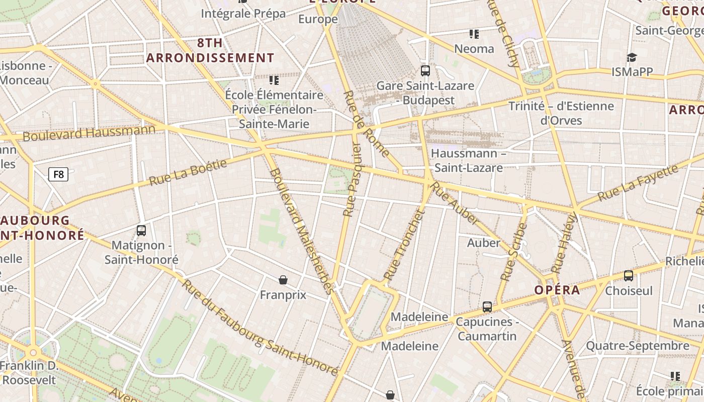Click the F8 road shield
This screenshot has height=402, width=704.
(x=58, y=174)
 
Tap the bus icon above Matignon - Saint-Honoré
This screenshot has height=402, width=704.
(x=141, y=231)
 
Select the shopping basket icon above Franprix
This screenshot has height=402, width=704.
(x=283, y=280)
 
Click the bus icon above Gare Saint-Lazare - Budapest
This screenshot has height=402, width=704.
(x=425, y=71)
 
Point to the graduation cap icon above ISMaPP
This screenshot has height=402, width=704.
(x=632, y=57)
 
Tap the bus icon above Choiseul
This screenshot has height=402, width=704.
(x=629, y=275)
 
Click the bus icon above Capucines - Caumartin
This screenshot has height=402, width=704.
(x=487, y=307)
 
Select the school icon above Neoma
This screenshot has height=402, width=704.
(x=474, y=34)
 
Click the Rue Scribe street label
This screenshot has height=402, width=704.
(x=514, y=252)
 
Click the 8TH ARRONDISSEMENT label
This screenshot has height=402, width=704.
(x=210, y=50)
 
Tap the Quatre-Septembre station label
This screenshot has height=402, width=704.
(x=638, y=346)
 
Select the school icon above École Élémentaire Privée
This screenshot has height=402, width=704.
(x=274, y=80)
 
